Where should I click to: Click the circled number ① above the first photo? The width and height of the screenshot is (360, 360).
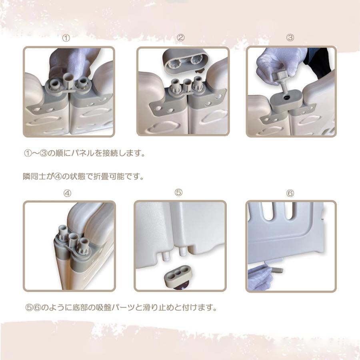66,38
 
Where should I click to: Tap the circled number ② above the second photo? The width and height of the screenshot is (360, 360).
180,38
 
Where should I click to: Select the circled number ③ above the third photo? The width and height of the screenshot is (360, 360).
290,38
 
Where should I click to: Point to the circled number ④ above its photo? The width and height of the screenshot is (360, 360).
67,193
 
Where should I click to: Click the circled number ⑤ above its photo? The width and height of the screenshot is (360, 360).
178,192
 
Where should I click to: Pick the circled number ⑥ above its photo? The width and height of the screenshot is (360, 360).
290,193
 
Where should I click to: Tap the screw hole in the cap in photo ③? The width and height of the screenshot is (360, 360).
287,98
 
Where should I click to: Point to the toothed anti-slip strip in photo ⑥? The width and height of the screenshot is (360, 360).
277,270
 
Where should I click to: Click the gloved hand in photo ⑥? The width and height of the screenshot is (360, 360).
260,278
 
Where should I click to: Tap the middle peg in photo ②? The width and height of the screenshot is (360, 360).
187,85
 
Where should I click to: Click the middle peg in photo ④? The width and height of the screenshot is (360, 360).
73,240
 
